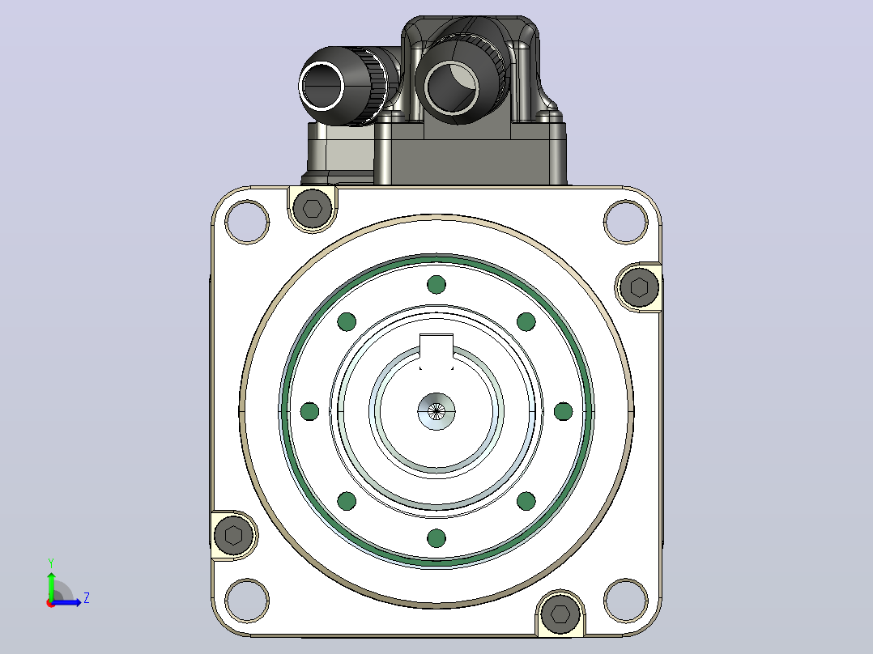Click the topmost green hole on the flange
point(436,285)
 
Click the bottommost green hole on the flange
point(436,538)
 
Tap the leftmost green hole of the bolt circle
point(309,412)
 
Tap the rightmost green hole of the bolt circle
point(564,412)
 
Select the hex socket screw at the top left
point(313,209)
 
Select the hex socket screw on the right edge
point(639,287)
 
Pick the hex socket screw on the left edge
point(234,536)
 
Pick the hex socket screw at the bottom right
point(560,614)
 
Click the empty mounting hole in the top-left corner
point(247,222)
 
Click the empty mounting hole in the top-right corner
point(626,222)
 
